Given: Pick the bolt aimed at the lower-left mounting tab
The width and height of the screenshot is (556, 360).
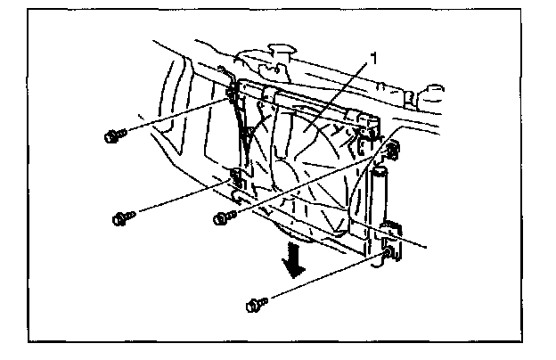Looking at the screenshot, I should pyautogui.click(x=122, y=217).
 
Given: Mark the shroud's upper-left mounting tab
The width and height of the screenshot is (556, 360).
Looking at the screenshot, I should pyautogui.click(x=231, y=86).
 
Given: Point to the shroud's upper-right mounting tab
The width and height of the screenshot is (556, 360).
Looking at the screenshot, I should pyautogui.click(x=393, y=147).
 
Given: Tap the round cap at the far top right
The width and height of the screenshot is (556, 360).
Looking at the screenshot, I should pyautogui.click(x=436, y=91).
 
